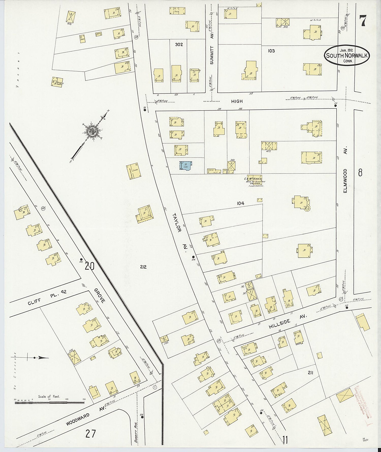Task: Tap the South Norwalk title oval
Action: coord(346,55)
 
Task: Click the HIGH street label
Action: coord(237,101)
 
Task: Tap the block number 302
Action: coord(179,44)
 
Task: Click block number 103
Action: coord(271,51)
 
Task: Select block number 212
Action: coord(143,267)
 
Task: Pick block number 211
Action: coord(310,373)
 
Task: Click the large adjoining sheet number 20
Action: coord(89,266)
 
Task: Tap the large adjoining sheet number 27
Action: coord(90,433)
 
